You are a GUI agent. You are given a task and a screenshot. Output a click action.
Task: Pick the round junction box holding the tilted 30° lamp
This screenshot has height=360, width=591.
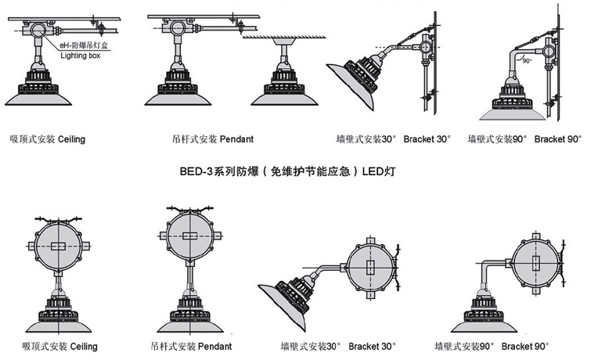coord(371,265)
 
